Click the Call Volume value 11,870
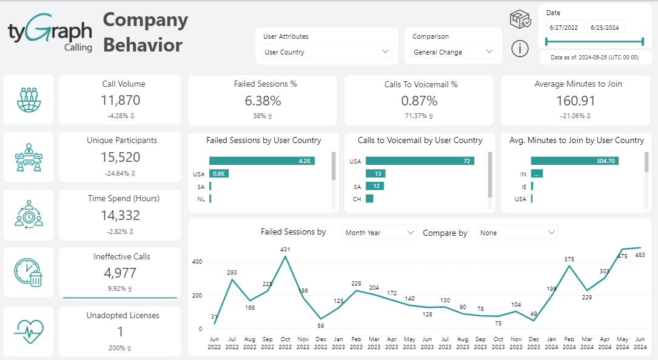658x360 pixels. coord(121,101)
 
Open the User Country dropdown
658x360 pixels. coord(327,52)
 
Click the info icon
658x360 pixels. coord(520,48)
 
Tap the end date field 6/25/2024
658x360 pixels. coord(606,28)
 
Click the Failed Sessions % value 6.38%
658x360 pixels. coord(263,101)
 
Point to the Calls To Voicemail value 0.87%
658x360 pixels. coord(419,101)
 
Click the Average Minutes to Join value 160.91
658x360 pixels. coord(576,101)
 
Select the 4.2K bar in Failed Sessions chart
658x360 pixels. coord(262,161)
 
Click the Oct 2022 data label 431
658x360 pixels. coord(286,249)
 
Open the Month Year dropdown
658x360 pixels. coord(380,232)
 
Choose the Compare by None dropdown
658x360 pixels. coord(517,232)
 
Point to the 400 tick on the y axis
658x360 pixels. coord(197,262)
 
